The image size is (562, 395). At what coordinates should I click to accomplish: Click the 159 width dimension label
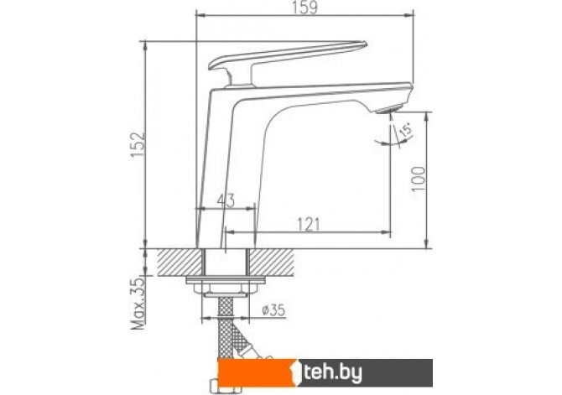click(x=305, y=8)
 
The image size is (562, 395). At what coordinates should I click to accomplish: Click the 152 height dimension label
click(x=138, y=145)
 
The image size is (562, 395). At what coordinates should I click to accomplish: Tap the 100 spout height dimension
click(x=419, y=179)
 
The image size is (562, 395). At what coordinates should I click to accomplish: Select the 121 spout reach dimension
click(x=308, y=225)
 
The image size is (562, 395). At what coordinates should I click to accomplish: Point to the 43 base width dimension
click(x=226, y=200)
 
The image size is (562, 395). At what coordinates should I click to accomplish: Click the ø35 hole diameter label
click(x=273, y=310)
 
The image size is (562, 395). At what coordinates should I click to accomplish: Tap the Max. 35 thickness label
click(x=138, y=304)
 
